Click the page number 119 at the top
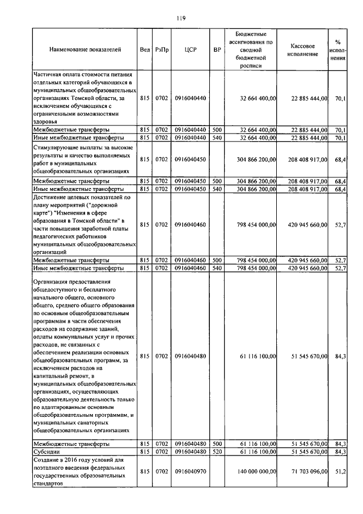(181, 18)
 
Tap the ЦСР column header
(190, 51)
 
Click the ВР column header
(217, 51)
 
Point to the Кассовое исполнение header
(307, 49)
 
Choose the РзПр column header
(162, 51)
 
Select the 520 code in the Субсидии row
(217, 451)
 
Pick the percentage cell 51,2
(340, 471)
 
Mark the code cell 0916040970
(190, 471)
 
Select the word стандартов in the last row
(47, 483)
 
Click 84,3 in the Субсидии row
(340, 451)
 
